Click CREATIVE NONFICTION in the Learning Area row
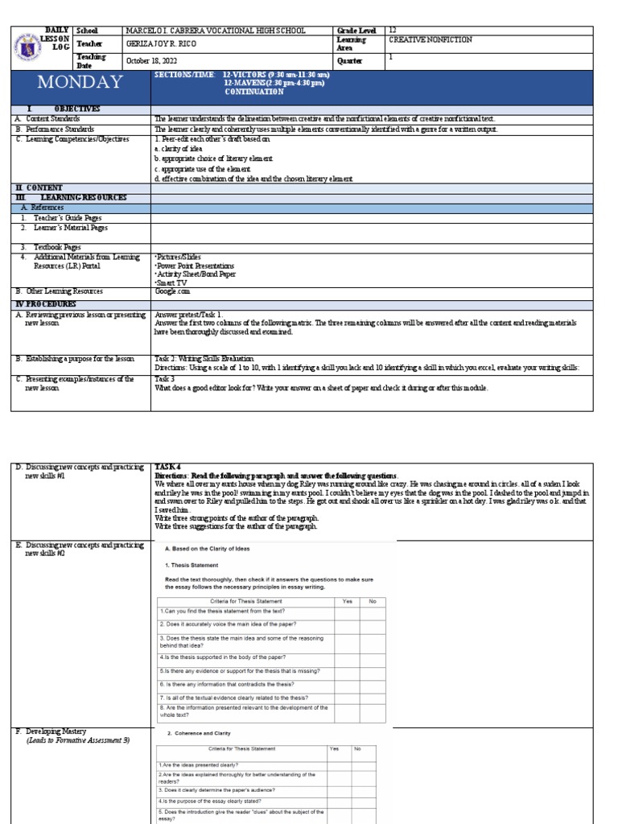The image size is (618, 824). [x=430, y=39]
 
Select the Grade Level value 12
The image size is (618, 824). [x=393, y=30]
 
